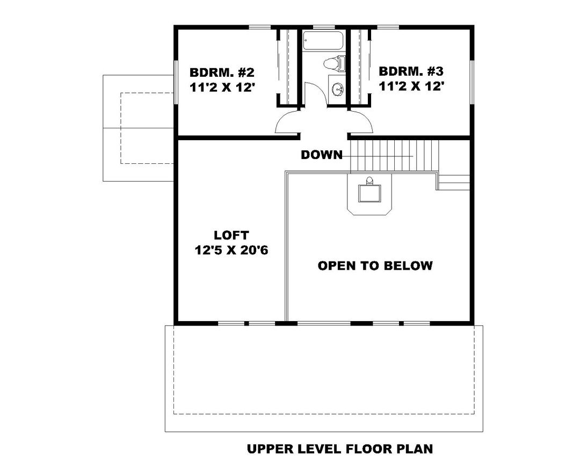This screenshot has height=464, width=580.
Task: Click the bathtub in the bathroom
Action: pyautogui.click(x=322, y=41)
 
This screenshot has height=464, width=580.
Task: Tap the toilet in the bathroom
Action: pyautogui.click(x=334, y=63)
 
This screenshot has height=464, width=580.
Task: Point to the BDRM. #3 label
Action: pyautogui.click(x=411, y=71)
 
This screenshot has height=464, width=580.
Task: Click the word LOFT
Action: pyautogui.click(x=231, y=235)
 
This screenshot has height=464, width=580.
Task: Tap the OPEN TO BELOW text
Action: pyautogui.click(x=375, y=265)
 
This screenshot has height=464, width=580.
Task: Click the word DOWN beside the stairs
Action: pyautogui.click(x=321, y=155)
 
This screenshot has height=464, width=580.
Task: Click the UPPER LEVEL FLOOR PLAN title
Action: pyautogui.click(x=339, y=448)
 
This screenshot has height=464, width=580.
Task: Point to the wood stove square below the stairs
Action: pyautogui.click(x=369, y=193)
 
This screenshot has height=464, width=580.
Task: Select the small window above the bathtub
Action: pyautogui.click(x=322, y=26)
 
